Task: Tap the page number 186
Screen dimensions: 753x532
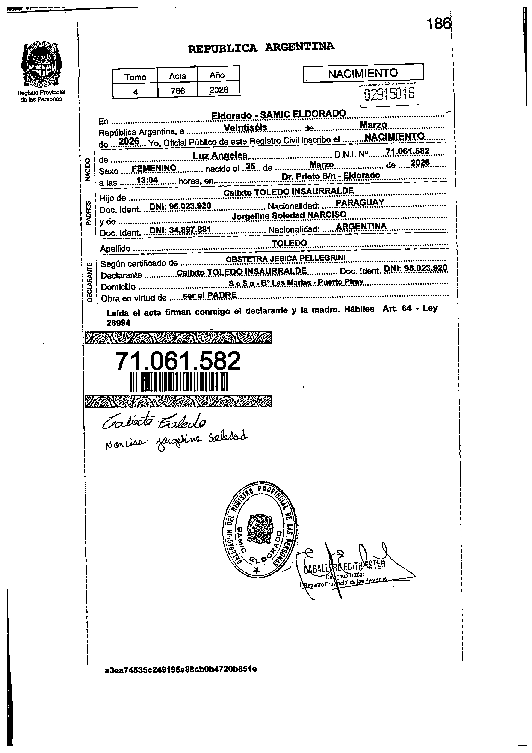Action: point(438,24)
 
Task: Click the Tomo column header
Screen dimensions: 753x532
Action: point(135,77)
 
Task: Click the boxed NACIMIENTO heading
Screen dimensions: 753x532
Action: point(363,73)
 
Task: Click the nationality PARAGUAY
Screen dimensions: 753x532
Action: point(360,202)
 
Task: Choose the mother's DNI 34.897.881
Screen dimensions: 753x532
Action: point(180,230)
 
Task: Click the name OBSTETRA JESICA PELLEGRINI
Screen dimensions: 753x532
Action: point(286,258)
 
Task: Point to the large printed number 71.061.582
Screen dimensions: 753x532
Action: point(178,361)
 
